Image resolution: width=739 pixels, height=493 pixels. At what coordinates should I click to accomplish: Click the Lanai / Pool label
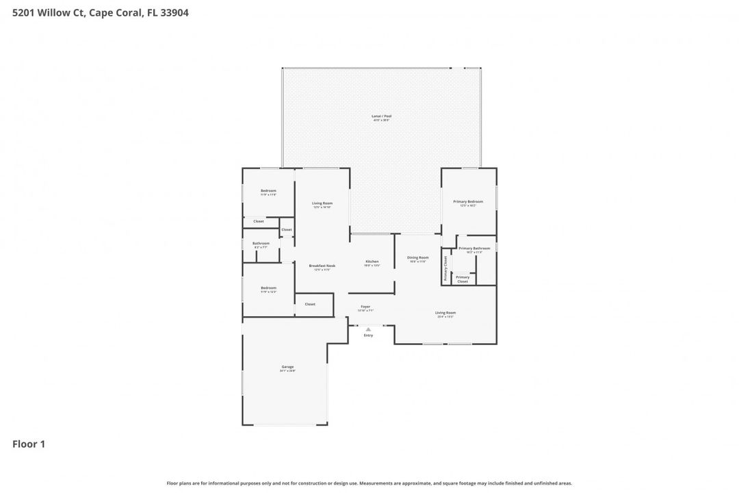click(x=381, y=116)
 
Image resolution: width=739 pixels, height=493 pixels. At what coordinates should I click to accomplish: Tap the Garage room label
click(x=287, y=367)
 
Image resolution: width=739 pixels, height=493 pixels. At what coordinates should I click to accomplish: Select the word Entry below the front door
click(x=368, y=336)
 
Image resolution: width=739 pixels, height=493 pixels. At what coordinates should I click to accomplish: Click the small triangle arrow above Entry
click(x=368, y=329)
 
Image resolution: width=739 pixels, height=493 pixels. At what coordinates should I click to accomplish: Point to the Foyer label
click(x=365, y=307)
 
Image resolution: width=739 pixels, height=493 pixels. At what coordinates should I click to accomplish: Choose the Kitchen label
click(x=372, y=262)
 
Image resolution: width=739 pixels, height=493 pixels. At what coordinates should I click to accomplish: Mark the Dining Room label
click(x=417, y=257)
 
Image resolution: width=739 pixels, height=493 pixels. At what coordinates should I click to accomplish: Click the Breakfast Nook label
click(x=322, y=266)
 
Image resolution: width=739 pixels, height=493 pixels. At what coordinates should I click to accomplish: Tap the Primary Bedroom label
click(x=468, y=202)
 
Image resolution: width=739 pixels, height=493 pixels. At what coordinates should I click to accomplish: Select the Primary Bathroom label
click(x=474, y=249)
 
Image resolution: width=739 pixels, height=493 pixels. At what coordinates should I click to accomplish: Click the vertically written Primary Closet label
click(x=445, y=268)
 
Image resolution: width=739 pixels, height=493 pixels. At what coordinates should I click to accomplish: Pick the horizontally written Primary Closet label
click(x=463, y=279)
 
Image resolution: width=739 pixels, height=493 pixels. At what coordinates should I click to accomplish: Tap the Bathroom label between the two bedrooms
click(x=261, y=243)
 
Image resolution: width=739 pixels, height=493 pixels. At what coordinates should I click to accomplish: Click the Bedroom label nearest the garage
click(x=268, y=288)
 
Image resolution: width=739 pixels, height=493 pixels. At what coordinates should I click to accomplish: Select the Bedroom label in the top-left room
click(x=268, y=191)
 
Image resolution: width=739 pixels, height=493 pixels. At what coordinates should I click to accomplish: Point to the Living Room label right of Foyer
click(x=445, y=313)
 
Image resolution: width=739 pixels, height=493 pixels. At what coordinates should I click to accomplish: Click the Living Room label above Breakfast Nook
click(x=322, y=203)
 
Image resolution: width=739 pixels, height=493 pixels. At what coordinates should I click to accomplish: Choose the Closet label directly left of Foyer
click(x=310, y=304)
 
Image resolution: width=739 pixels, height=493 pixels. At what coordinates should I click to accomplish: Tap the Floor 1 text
click(x=29, y=444)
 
